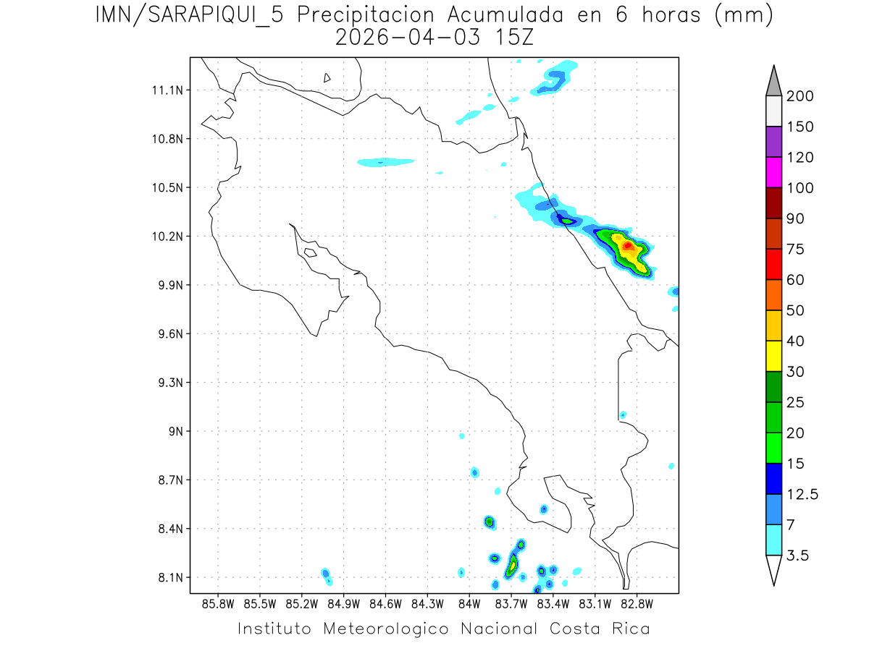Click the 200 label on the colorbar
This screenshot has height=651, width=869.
click(799, 97)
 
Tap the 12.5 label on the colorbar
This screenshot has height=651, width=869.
click(802, 495)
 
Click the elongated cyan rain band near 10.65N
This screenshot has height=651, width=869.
click(385, 161)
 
